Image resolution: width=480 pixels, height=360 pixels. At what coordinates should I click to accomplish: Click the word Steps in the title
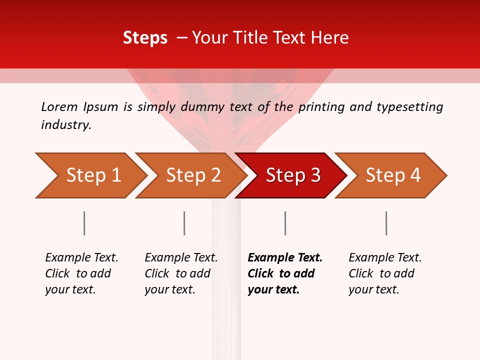pos(145,38)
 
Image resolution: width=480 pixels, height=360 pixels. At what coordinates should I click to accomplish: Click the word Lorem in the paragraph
pos(59,106)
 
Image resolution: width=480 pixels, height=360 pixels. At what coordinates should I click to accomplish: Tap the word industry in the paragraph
pos(66,125)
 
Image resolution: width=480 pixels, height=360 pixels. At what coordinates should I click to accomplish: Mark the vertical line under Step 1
pos(84,223)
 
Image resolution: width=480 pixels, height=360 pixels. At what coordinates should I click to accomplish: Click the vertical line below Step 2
pos(184,223)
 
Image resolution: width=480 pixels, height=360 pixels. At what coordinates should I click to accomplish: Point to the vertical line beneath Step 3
pos(285,223)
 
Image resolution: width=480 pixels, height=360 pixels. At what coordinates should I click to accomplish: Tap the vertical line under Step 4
pos(386,223)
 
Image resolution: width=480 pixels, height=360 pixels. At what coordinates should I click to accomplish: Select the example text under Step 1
pos(81,273)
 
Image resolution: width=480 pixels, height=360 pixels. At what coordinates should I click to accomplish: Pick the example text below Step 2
pos(181,273)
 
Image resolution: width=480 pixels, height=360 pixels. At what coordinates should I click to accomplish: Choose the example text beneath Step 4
pos(385,273)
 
